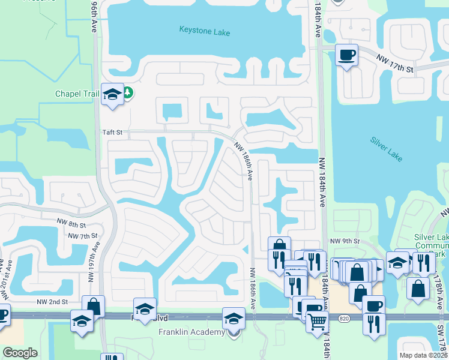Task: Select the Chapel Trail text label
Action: pyautogui.click(x=77, y=94)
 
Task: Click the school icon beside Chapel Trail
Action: pyautogui.click(x=112, y=94)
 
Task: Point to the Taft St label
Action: pyautogui.click(x=112, y=133)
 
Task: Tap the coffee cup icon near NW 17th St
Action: pyautogui.click(x=346, y=55)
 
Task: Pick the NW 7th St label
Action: pyautogui.click(x=83, y=236)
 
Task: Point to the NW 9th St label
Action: pyautogui.click(x=345, y=241)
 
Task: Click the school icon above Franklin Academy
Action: pyautogui.click(x=234, y=318)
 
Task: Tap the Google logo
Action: pyautogui.click(x=20, y=353)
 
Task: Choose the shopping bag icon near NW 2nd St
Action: pyautogui.click(x=93, y=306)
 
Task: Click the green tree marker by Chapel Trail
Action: pyautogui.click(x=128, y=92)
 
